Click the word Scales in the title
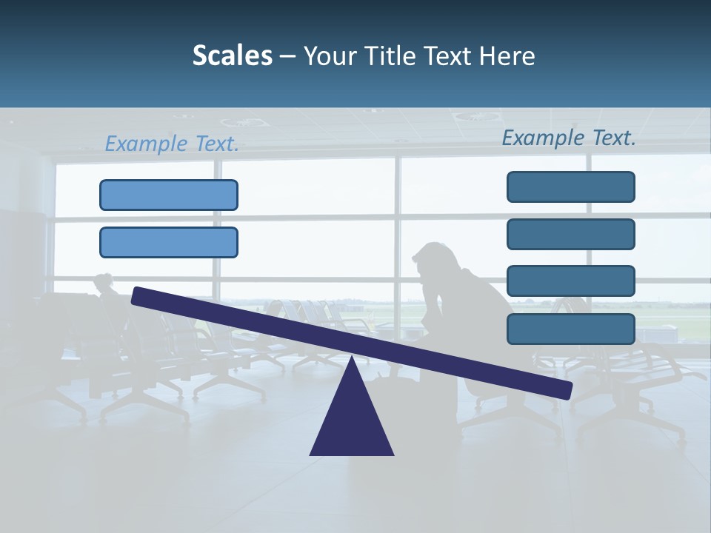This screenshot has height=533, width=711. click(x=232, y=56)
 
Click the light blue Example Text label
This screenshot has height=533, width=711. click(x=172, y=144)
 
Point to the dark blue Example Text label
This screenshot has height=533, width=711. click(x=569, y=138)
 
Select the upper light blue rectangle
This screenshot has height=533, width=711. click(x=169, y=195)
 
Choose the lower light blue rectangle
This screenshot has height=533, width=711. click(x=169, y=242)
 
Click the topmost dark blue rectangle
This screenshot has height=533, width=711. click(x=570, y=187)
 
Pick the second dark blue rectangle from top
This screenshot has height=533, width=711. click(x=570, y=234)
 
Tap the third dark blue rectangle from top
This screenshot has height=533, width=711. click(x=570, y=281)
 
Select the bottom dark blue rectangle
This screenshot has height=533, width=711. click(x=570, y=329)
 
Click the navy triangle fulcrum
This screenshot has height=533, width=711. click(x=352, y=422)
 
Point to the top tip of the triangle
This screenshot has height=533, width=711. click(x=352, y=358)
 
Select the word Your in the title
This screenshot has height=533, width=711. click(x=328, y=56)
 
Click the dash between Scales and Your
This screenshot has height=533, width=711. click(x=287, y=56)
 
